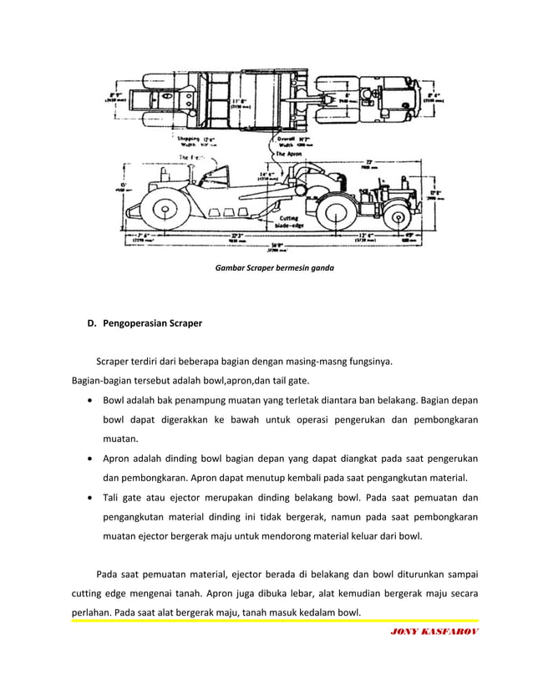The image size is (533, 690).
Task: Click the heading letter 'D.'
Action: pyautogui.click(x=92, y=323)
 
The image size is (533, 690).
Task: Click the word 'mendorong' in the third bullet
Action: pyautogui.click(x=306, y=537)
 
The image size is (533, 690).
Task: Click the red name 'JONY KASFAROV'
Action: pyautogui.click(x=434, y=632)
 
